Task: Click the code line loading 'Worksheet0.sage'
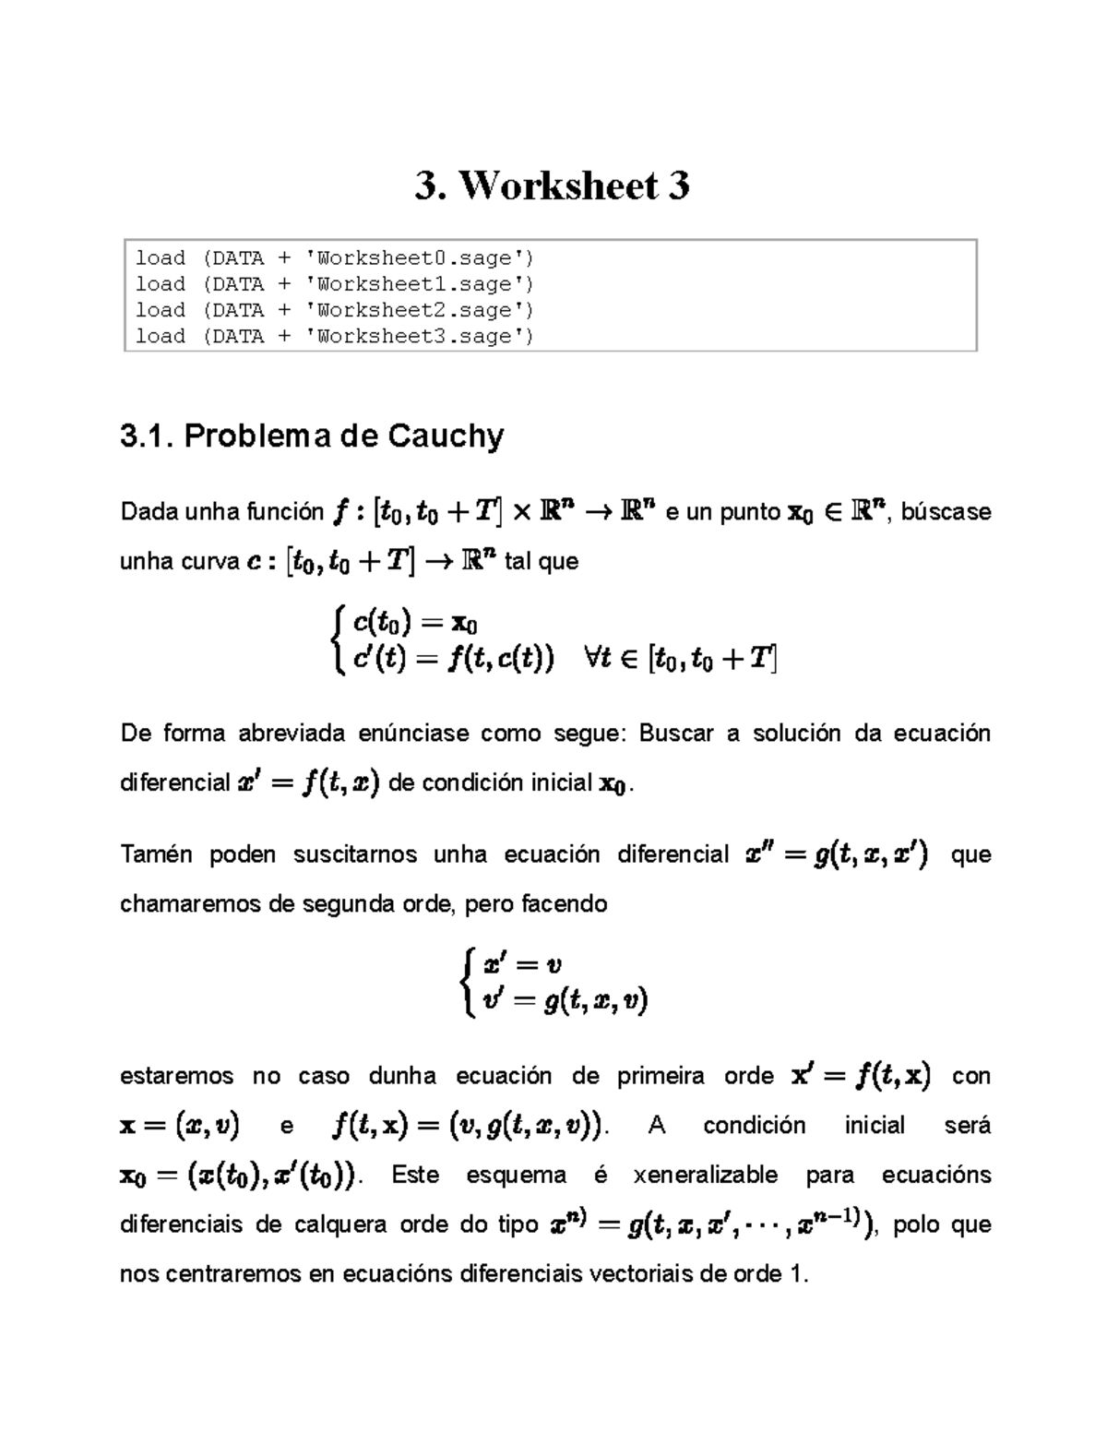334,257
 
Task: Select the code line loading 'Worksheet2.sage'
334,310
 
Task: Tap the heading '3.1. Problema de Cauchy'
312,436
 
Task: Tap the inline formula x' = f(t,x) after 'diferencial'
308,783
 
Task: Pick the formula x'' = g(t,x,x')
837,855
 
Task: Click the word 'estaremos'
177,1076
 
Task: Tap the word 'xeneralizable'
706,1176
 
